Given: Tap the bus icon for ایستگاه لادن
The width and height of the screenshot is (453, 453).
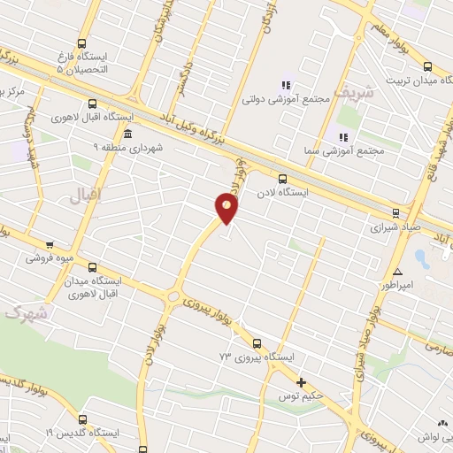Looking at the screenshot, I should pyautogui.click(x=282, y=178).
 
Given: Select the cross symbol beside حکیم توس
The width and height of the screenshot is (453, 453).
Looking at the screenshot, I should pyautogui.click(x=302, y=383).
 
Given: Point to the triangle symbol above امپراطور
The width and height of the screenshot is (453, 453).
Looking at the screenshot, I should pyautogui.click(x=399, y=272).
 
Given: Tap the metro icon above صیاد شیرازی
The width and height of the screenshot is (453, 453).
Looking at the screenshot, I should pyautogui.click(x=395, y=211).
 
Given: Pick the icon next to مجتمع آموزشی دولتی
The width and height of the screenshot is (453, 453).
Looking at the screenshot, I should pyautogui.click(x=286, y=85).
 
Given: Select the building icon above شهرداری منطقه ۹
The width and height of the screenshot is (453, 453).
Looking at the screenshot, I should pyautogui.click(x=129, y=134).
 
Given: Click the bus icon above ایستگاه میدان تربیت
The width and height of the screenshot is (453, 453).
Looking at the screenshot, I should pyautogui.click(x=428, y=66).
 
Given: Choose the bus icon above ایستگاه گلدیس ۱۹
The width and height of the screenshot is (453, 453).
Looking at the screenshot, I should pyautogui.click(x=84, y=419).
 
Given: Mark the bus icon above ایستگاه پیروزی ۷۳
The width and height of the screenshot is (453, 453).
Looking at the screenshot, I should pyautogui.click(x=257, y=343).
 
